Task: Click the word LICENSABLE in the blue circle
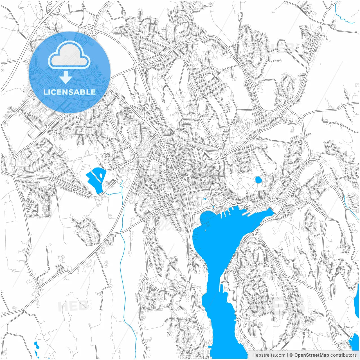pyautogui.click(x=69, y=92)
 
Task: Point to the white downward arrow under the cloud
pyautogui.click(x=66, y=77)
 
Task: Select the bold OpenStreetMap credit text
pyautogui.click(x=311, y=355)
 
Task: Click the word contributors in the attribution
pyautogui.click(x=343, y=355)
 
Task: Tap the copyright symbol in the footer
pyautogui.click(x=291, y=355)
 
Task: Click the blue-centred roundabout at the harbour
pyautogui.click(x=213, y=207)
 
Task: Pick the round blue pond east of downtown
pyautogui.click(x=258, y=179)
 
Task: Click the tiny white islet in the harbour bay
pyautogui.click(x=205, y=230)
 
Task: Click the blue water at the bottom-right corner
pyautogui.click(x=354, y=343)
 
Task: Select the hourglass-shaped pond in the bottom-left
pyautogui.click(x=36, y=349)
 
